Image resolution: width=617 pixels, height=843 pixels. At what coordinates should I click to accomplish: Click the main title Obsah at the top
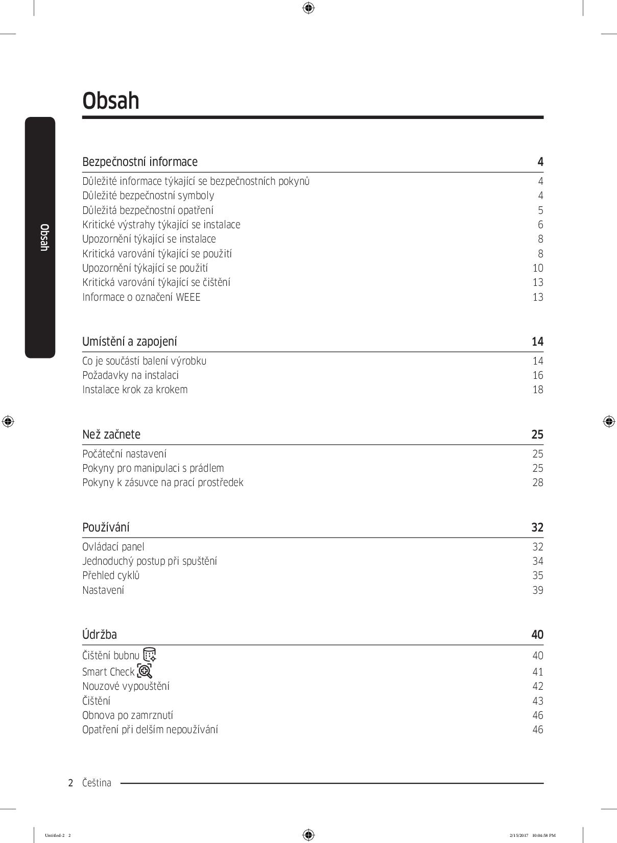point(111,101)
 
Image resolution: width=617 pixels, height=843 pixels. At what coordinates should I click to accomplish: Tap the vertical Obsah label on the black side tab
point(44,237)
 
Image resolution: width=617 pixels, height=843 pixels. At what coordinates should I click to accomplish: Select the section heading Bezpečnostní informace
point(140,162)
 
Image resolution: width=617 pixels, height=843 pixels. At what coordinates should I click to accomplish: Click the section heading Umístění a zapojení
point(130,342)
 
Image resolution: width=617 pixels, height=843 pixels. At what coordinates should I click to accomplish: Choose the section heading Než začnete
point(111,435)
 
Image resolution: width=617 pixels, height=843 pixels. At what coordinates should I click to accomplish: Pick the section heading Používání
point(106,527)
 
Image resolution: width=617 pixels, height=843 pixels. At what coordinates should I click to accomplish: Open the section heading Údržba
point(100,635)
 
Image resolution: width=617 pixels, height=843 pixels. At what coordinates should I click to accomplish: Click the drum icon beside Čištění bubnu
point(150,655)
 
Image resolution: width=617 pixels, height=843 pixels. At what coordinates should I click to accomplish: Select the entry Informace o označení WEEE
point(141,297)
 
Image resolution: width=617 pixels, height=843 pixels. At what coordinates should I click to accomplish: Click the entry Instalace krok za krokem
point(135,390)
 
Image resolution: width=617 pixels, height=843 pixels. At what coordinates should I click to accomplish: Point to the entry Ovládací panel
point(113,547)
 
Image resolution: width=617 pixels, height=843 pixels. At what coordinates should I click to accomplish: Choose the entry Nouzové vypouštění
point(126,686)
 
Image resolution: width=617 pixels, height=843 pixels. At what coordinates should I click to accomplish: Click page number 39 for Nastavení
point(538,590)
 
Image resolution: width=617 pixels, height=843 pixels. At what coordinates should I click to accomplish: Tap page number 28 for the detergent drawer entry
point(538,483)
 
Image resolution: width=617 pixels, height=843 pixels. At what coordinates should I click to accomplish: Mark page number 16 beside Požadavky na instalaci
point(538,375)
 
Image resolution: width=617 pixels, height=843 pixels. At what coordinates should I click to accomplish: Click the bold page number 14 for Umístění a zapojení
point(537,342)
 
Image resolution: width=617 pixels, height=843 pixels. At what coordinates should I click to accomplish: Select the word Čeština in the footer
point(97,783)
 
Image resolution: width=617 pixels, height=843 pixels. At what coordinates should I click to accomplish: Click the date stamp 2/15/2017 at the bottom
point(518,835)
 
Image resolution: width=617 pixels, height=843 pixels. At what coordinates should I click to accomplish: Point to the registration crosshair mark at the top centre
point(308,8)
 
